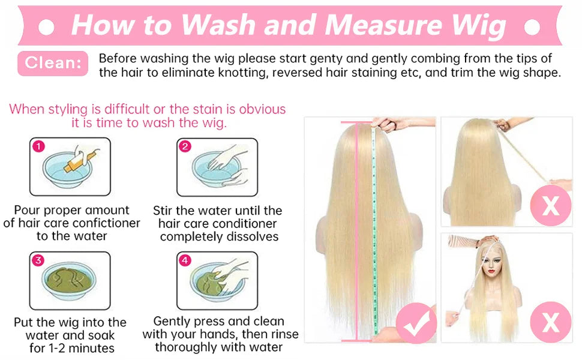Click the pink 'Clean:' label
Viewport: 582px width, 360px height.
pos(53,63)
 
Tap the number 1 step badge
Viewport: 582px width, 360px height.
pos(38,146)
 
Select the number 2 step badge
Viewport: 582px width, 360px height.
pos(185,146)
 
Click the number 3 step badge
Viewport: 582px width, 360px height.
pos(38,260)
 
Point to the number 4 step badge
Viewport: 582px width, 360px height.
pos(185,260)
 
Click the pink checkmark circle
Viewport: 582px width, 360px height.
pos(416,323)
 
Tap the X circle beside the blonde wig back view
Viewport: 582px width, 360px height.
pos(551,205)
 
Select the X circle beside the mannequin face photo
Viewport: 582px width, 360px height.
pos(551,322)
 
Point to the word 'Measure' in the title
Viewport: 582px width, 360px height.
pos(383,25)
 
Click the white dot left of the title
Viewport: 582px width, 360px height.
pos(46,27)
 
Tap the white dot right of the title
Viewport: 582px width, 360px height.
pos(532,27)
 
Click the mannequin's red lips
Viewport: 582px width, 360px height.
pos(492,271)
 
